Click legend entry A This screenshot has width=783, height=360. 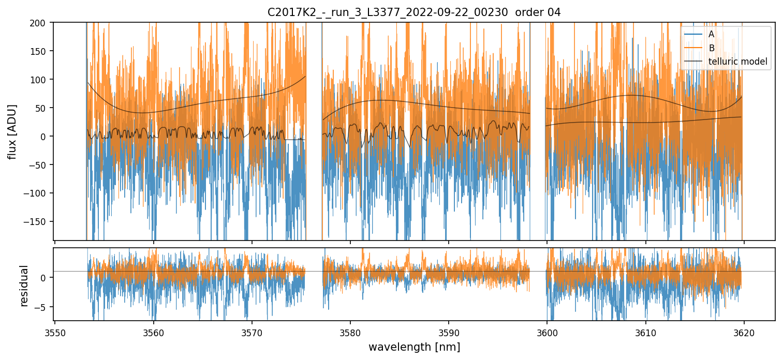pos(712,35)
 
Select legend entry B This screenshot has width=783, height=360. pos(712,48)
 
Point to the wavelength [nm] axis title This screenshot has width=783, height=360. pos(414,347)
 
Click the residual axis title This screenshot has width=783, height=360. pos(24,286)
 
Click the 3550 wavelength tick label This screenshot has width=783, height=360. pos(55,332)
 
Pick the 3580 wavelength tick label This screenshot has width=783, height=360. pos(350,332)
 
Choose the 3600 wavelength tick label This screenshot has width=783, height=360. pos(547,332)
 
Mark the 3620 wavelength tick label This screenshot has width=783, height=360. pos(744,332)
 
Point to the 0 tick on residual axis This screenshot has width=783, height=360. pos(46,278)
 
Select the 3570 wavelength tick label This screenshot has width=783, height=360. pos(252,332)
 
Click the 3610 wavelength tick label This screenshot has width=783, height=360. pos(645,332)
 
